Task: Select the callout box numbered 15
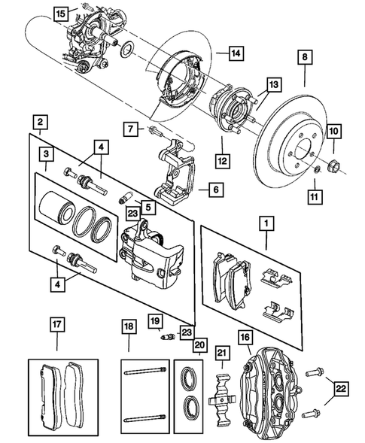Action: (61, 13)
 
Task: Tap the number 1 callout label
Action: (265, 223)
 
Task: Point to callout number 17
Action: (57, 325)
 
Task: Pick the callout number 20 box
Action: (199, 345)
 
